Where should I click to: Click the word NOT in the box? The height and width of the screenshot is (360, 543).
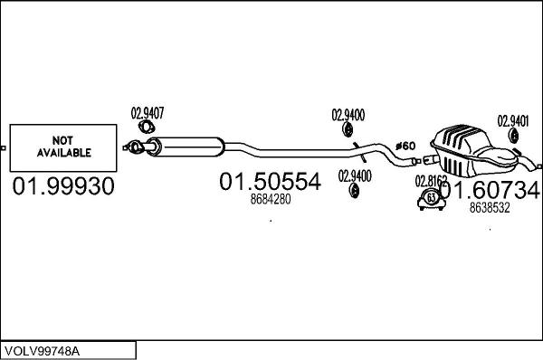[x=61, y=141]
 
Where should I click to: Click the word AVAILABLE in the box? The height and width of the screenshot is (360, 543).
[x=61, y=153]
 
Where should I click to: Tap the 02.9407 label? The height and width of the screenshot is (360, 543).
[x=148, y=113]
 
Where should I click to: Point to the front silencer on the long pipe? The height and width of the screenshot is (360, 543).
[x=190, y=145]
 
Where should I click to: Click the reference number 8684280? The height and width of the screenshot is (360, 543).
[x=270, y=200]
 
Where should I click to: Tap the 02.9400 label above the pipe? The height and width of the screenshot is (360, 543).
[x=348, y=114]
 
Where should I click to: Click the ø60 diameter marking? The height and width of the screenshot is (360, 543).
[x=405, y=146]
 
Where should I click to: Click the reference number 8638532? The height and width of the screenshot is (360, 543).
[x=490, y=207]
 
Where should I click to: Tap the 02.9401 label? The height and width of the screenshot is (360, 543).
[x=513, y=118]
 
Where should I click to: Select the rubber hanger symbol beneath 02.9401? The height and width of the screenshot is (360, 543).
[x=512, y=137]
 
